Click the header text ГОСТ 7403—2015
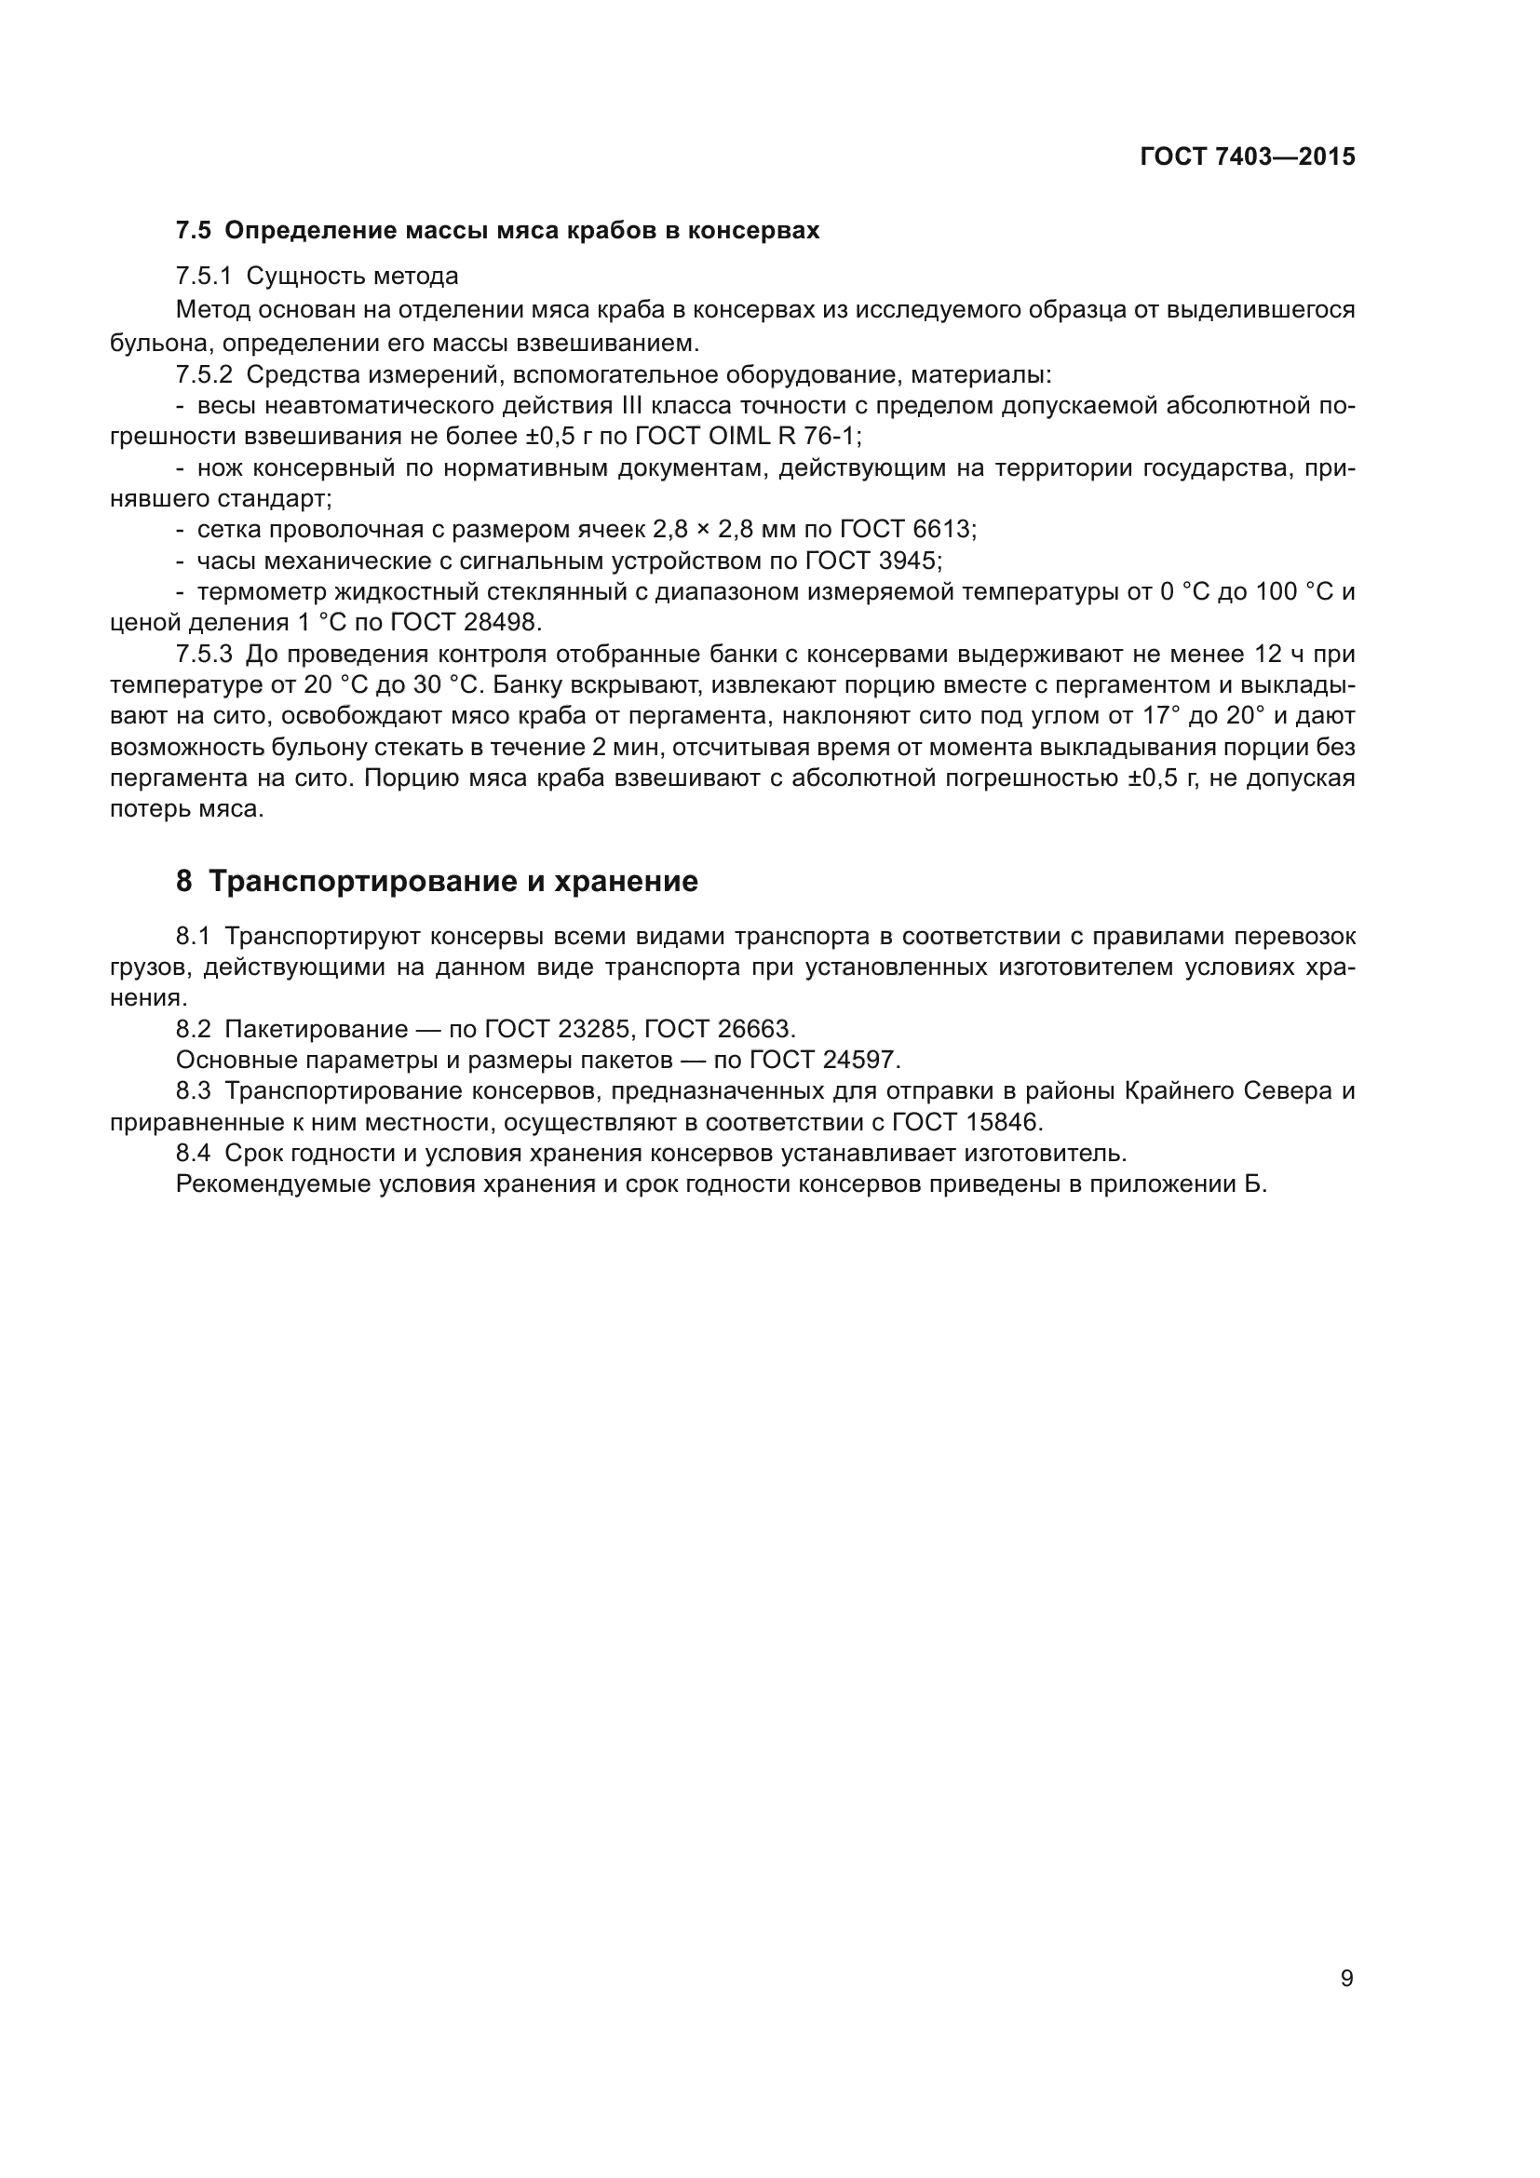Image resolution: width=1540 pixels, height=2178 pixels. tap(1247, 157)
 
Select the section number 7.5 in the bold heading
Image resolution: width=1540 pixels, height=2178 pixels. tap(194, 231)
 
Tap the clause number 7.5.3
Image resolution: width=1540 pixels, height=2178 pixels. tap(204, 654)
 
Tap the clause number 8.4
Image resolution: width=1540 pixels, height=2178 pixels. tap(194, 1154)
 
